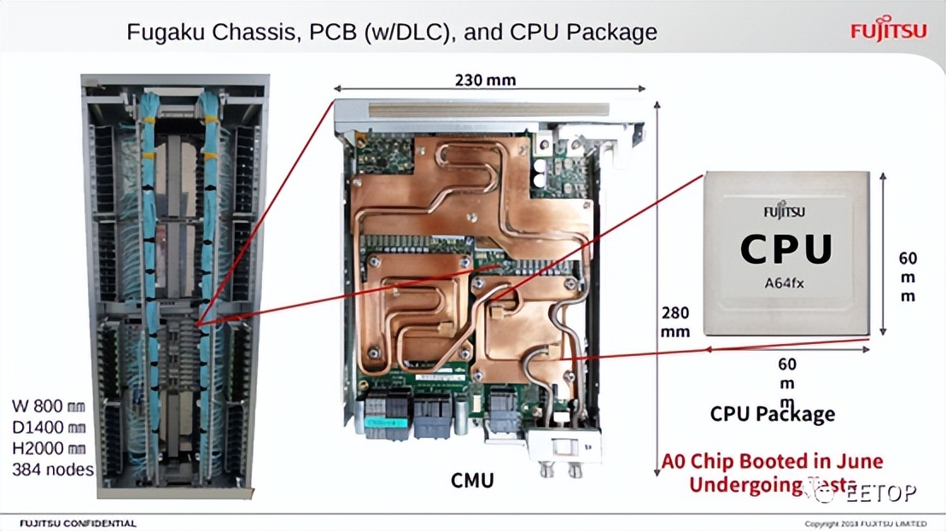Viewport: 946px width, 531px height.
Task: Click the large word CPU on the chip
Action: [785, 248]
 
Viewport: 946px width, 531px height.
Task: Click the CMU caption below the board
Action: [472, 481]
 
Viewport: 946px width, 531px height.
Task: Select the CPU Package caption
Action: [772, 414]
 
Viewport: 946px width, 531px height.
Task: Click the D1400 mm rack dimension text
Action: [49, 427]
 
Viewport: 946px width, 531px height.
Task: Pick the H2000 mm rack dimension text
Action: [49, 447]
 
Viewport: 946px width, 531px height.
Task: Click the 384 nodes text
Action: [52, 469]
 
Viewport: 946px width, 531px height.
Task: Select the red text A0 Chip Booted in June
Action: [772, 462]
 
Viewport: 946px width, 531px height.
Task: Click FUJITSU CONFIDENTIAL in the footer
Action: [78, 522]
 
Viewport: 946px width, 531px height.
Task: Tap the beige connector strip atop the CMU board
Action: [488, 109]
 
